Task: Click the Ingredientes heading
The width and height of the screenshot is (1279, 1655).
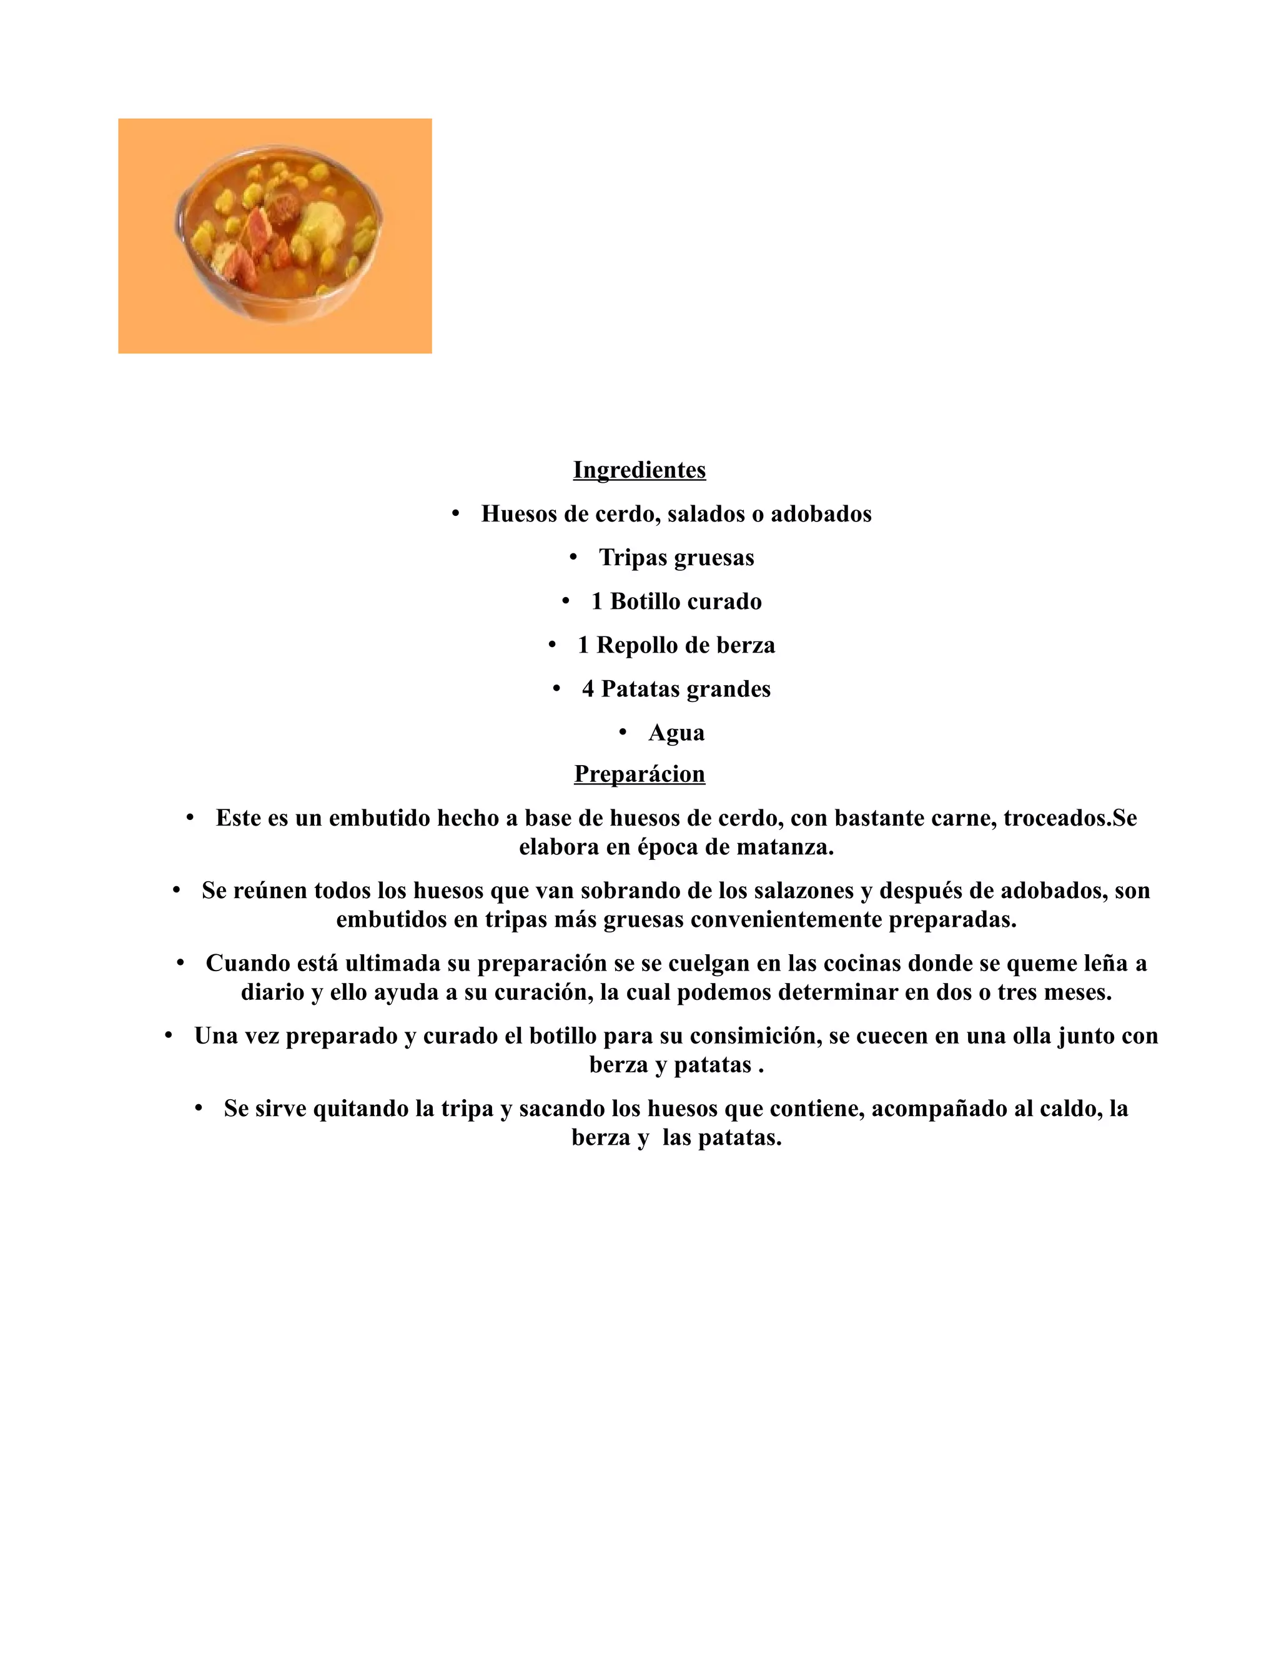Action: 639,470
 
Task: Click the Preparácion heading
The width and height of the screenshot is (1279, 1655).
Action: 639,774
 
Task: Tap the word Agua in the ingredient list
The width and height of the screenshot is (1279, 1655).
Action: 676,733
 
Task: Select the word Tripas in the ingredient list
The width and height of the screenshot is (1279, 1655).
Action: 633,558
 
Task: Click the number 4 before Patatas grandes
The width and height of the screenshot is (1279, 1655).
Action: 588,689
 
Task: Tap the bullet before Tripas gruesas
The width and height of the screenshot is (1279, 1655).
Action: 573,558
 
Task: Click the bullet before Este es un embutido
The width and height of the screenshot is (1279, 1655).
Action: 190,818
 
